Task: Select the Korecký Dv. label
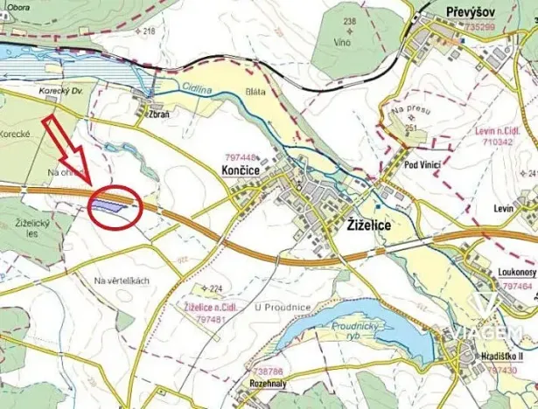[60, 90]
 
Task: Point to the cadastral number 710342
[495, 140]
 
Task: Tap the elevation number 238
[350, 20]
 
